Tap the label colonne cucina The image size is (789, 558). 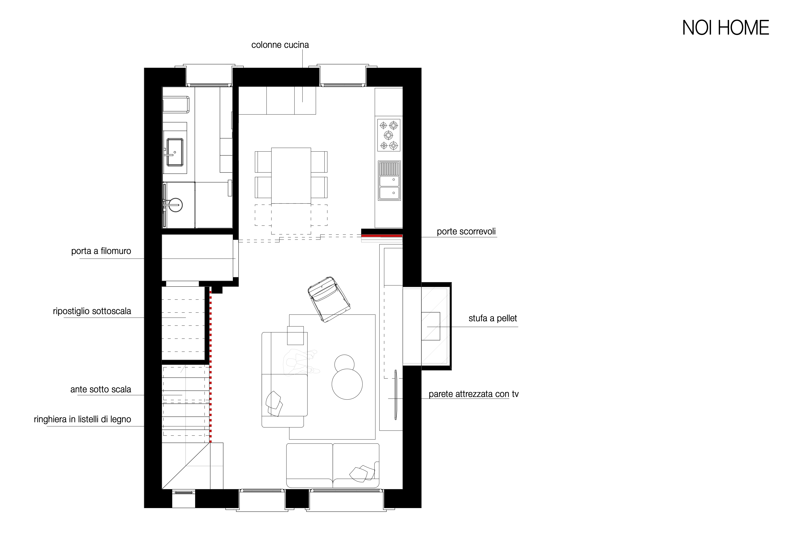click(280, 45)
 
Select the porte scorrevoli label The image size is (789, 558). click(466, 232)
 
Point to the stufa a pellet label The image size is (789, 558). click(493, 318)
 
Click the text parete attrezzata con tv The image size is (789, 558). click(473, 394)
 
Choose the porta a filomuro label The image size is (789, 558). click(101, 251)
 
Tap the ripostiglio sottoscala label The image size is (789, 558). click(92, 311)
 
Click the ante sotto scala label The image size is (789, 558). click(101, 390)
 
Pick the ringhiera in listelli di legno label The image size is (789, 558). click(83, 419)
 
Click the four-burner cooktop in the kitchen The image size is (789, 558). click(389, 135)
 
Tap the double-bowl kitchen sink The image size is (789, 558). click(389, 181)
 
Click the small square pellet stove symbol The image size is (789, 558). click(431, 326)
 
